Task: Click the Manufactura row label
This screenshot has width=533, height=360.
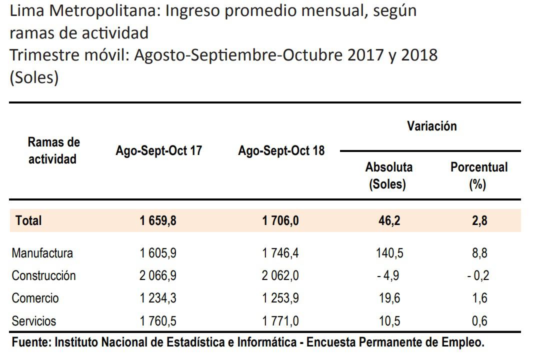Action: (42, 253)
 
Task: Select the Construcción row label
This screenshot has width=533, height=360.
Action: (43, 275)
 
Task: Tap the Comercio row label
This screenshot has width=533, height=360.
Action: (35, 298)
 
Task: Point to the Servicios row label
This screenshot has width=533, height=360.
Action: (34, 320)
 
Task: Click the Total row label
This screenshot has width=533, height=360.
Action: (28, 220)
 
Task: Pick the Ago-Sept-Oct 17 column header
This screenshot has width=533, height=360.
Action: (159, 150)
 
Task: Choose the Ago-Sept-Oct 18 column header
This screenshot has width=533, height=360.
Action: (281, 150)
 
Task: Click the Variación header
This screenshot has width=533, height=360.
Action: (431, 126)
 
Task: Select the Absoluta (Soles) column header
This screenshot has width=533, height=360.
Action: (388, 175)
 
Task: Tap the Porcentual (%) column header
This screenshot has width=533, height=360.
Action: (478, 175)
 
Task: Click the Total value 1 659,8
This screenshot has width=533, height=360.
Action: (158, 220)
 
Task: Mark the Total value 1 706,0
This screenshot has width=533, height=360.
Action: (280, 220)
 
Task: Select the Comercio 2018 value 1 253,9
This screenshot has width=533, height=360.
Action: (280, 298)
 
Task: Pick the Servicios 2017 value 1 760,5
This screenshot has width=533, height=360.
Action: (158, 320)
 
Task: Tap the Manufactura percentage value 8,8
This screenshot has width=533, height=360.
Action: (479, 253)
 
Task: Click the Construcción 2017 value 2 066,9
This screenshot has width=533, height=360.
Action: (158, 275)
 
